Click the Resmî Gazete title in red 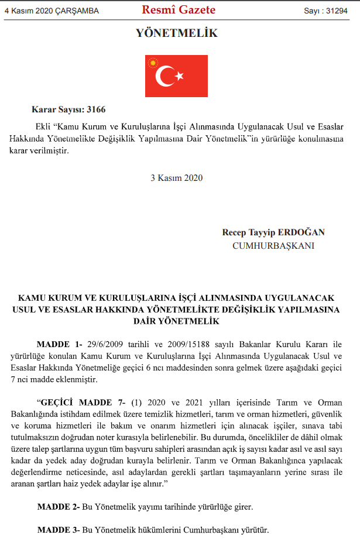coord(179,10)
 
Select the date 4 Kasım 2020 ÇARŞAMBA coord(52,11)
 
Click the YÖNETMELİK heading coord(176,33)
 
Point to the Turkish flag coord(176,76)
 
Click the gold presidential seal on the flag coord(154,62)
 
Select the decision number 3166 coord(95,109)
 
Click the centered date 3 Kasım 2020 coord(176,178)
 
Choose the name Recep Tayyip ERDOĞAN coord(273,232)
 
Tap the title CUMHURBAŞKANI coord(273,246)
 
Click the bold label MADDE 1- coord(59,344)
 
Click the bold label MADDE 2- coord(59,507)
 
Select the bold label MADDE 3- coord(59,530)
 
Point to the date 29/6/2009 coord(106,344)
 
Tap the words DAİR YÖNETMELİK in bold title coord(176,321)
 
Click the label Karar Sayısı coord(57,109)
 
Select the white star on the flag coord(180,76)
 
